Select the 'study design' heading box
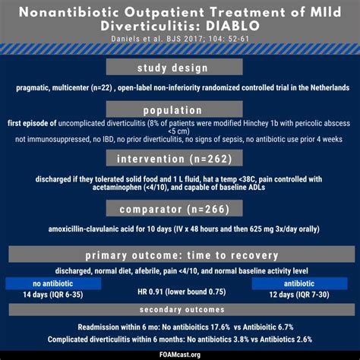coord(179,68)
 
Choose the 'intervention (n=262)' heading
coord(179,159)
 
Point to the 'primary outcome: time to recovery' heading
coord(180,254)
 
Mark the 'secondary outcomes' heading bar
coord(180,310)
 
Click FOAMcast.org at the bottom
coord(180,353)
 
